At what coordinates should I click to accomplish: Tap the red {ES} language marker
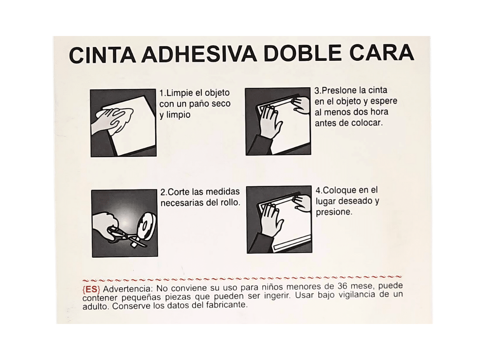coord(91,289)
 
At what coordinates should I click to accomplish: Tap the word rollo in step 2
coord(230,202)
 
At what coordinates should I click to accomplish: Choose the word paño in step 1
coord(198,104)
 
